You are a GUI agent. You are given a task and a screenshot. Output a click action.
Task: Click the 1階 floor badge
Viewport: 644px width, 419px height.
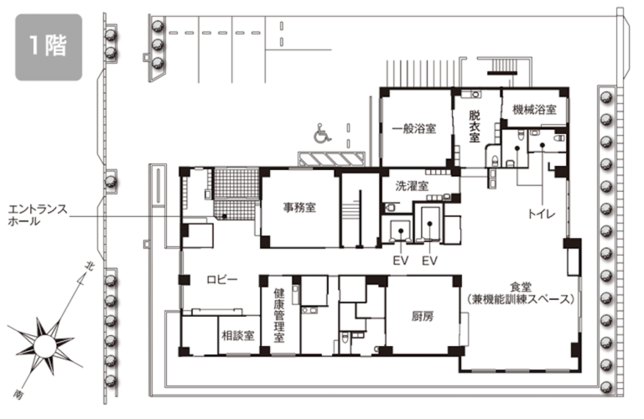(49, 47)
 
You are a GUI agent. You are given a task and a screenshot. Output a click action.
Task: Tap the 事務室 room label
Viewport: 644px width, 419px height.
(299, 208)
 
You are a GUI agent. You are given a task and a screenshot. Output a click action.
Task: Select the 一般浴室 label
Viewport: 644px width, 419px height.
(414, 129)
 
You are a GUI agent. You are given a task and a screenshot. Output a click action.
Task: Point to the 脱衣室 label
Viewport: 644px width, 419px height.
(475, 126)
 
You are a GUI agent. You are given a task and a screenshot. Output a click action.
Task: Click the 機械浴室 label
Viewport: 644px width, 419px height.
(534, 110)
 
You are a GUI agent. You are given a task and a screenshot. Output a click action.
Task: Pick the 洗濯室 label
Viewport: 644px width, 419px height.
(412, 186)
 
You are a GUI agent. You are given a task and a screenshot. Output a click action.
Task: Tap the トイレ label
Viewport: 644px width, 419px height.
(542, 214)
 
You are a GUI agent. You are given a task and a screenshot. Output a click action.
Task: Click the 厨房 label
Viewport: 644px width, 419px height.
(423, 317)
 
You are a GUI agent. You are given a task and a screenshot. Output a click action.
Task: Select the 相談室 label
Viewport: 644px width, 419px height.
(238, 336)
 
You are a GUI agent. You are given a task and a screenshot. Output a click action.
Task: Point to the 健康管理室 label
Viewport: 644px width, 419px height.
(279, 315)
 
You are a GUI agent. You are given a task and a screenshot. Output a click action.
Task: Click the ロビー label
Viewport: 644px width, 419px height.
(222, 280)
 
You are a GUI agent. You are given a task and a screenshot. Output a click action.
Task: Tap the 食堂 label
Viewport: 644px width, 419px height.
(521, 287)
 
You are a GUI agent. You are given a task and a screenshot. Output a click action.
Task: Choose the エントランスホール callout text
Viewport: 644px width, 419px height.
(38, 215)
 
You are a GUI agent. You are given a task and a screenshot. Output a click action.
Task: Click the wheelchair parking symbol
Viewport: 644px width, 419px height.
(322, 133)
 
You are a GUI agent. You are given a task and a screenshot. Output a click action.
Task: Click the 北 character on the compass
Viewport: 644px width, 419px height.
(88, 266)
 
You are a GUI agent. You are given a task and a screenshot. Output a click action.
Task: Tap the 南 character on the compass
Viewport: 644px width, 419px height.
(18, 395)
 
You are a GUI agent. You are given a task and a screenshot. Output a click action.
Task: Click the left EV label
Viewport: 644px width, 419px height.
(401, 261)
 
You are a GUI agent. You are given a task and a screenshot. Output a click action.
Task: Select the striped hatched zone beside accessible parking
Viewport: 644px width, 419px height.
(331, 159)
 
